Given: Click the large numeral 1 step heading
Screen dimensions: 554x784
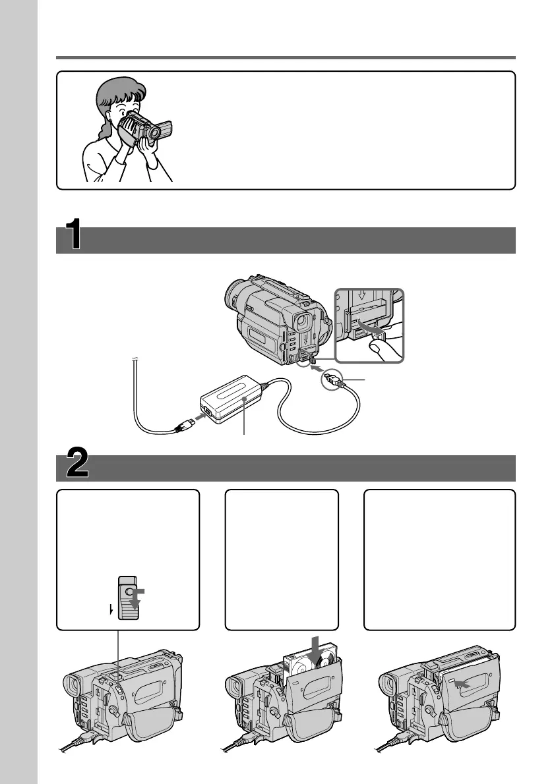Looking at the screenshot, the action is tap(74, 237).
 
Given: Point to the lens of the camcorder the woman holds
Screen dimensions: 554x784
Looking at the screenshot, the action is tap(154, 134).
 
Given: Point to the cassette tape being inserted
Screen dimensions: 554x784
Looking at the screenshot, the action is tap(300, 665).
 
